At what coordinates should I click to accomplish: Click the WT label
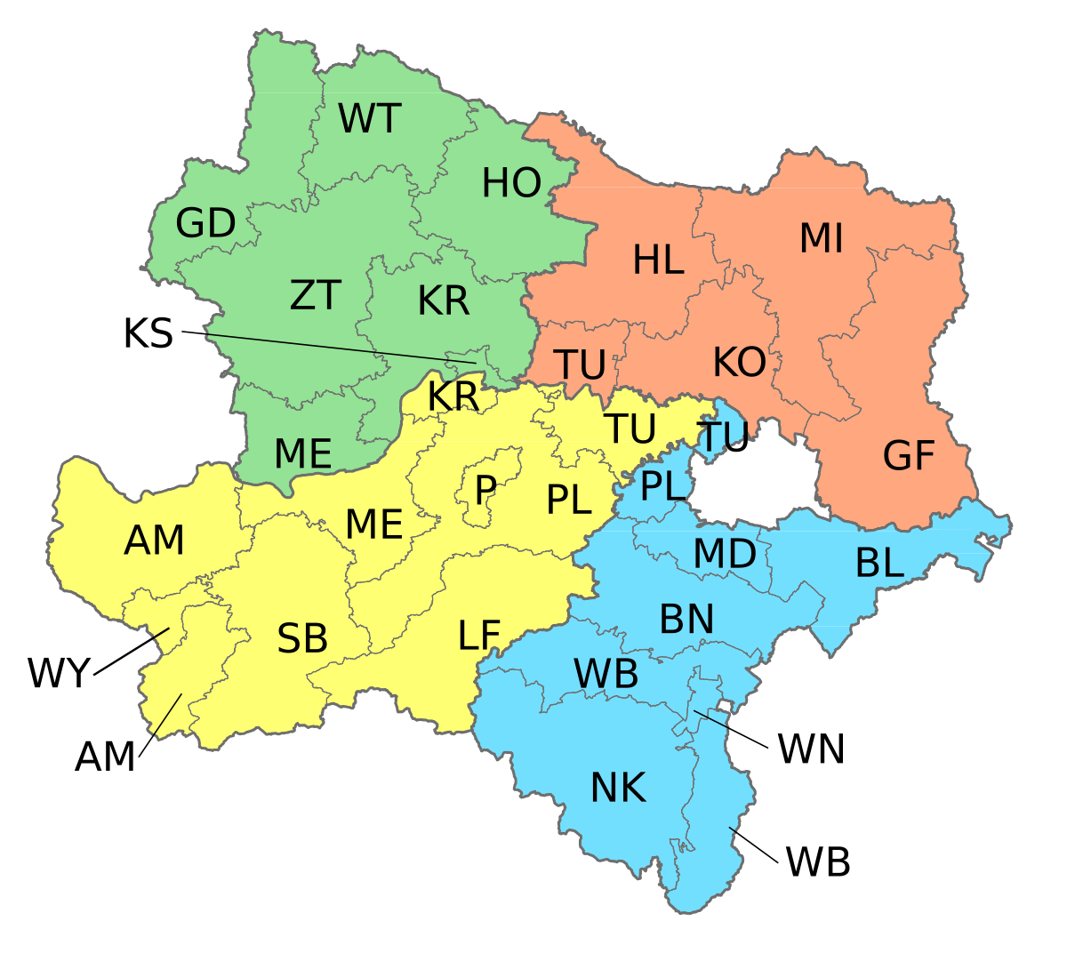370,119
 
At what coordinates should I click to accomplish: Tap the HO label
511,184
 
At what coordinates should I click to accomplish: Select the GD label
205,224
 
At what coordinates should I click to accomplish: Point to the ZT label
316,295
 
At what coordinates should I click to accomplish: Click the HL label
658,260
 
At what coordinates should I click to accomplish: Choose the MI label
821,238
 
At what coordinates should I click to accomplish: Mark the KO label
739,363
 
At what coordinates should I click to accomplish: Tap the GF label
909,456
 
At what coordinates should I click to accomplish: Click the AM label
154,541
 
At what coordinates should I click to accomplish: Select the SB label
302,639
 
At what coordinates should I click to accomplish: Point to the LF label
479,636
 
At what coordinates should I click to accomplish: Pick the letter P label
485,490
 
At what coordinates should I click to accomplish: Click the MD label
725,554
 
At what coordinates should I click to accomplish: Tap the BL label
879,563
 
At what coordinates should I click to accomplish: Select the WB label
606,675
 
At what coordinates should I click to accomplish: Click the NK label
618,788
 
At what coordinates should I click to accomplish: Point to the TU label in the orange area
580,364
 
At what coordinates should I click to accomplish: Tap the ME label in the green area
302,454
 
